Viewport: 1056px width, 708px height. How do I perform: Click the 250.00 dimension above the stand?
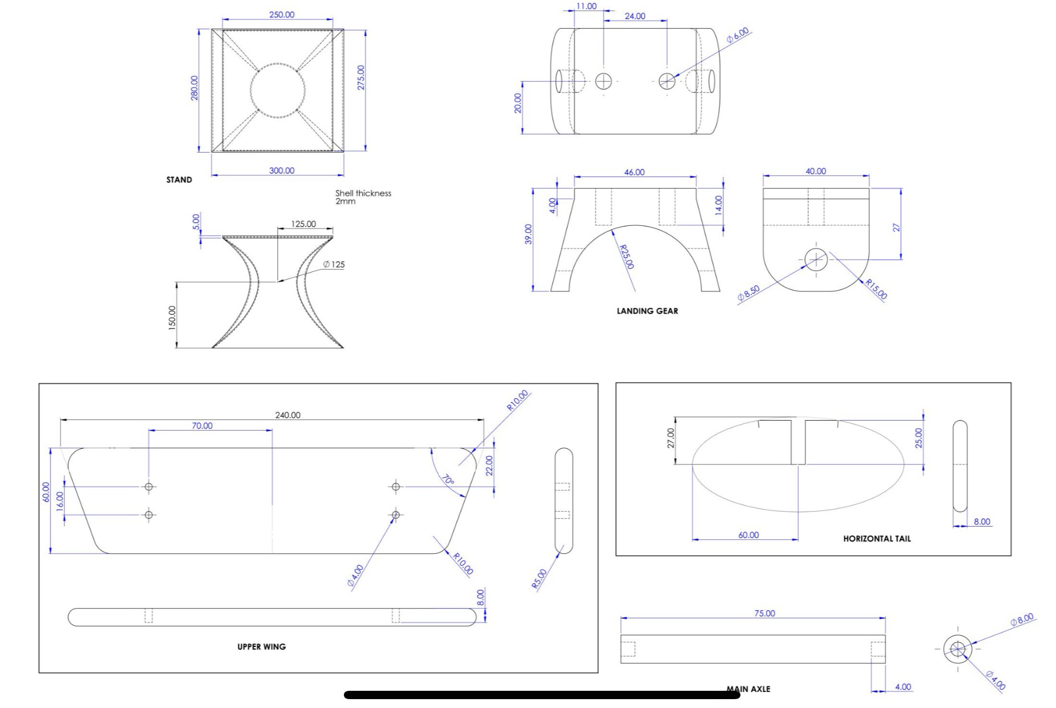[x=282, y=15]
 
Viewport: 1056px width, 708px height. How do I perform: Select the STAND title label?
[x=179, y=180]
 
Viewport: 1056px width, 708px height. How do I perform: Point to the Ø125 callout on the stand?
[x=334, y=265]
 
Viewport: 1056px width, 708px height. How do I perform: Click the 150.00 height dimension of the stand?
[x=172, y=317]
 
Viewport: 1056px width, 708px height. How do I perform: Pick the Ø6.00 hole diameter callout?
[x=738, y=36]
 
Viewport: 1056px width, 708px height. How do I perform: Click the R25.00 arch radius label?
[x=627, y=257]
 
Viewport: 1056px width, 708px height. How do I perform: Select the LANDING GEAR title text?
[x=647, y=311]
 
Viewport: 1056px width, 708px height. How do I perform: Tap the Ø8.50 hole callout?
[x=748, y=294]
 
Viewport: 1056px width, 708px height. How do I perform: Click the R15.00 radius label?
[x=877, y=289]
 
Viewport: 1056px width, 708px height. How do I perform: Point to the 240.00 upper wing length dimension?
[x=288, y=415]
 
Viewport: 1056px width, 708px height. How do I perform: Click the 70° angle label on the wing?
[x=448, y=480]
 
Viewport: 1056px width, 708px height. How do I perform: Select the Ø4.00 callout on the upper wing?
[x=356, y=575]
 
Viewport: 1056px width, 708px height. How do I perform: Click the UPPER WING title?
[x=261, y=647]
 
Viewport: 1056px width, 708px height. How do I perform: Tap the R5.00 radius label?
[x=539, y=579]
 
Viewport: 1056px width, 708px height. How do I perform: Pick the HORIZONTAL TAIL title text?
[x=877, y=539]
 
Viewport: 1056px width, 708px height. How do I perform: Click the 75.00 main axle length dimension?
[x=764, y=614]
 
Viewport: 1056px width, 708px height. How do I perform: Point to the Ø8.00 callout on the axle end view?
[x=1022, y=619]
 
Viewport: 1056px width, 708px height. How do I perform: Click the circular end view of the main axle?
[x=957, y=649]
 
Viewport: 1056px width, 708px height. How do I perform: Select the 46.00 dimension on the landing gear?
[x=634, y=173]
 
